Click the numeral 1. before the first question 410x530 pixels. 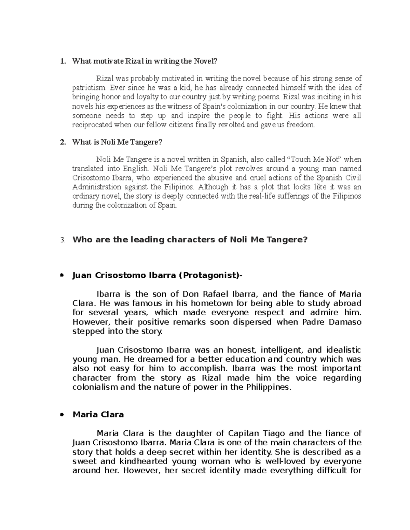62,61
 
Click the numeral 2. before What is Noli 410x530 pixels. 62,142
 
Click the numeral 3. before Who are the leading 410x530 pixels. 62,240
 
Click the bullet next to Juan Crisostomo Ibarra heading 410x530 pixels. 62,275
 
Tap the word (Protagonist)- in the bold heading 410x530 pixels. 209,275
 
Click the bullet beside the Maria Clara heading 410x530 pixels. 62,415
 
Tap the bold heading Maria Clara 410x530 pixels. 98,415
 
